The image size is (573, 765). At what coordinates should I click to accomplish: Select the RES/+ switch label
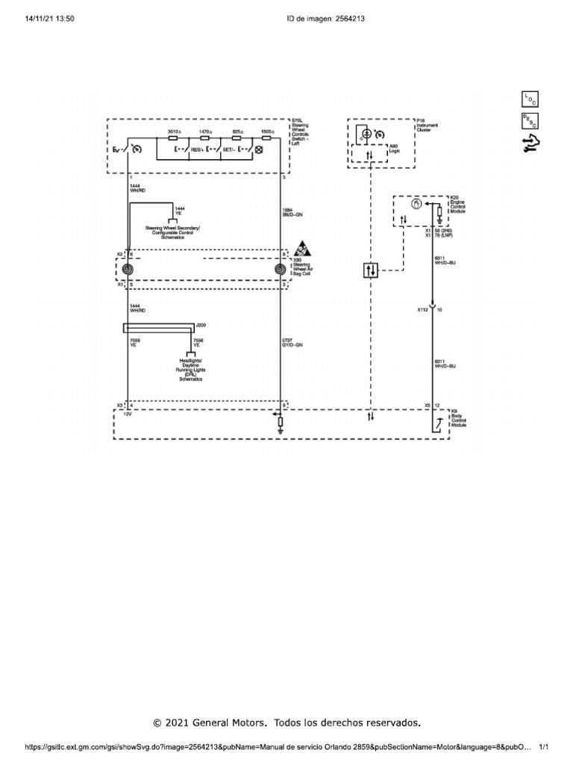[198, 149]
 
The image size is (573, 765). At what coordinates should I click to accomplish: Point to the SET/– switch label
[230, 149]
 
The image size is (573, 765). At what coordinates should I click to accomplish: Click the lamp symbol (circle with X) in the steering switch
[259, 149]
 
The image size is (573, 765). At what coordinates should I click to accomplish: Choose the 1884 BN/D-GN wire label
[292, 211]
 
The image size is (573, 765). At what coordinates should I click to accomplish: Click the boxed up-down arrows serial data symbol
[371, 270]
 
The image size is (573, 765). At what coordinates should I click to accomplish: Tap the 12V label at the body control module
[127, 413]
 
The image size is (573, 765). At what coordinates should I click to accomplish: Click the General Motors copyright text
[287, 722]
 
